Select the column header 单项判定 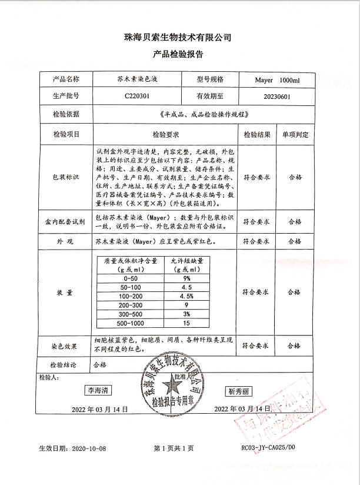click(295, 134)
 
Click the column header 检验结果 click(256, 134)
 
